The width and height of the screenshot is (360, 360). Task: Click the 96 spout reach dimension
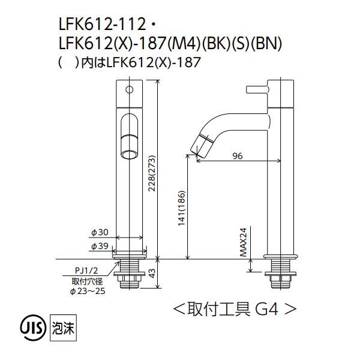coord(237,156)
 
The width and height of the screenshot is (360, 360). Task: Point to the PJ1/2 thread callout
coord(86,271)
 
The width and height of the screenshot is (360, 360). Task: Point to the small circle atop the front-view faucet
coord(128,90)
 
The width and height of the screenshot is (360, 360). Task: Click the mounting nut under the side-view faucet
coord(281,278)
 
